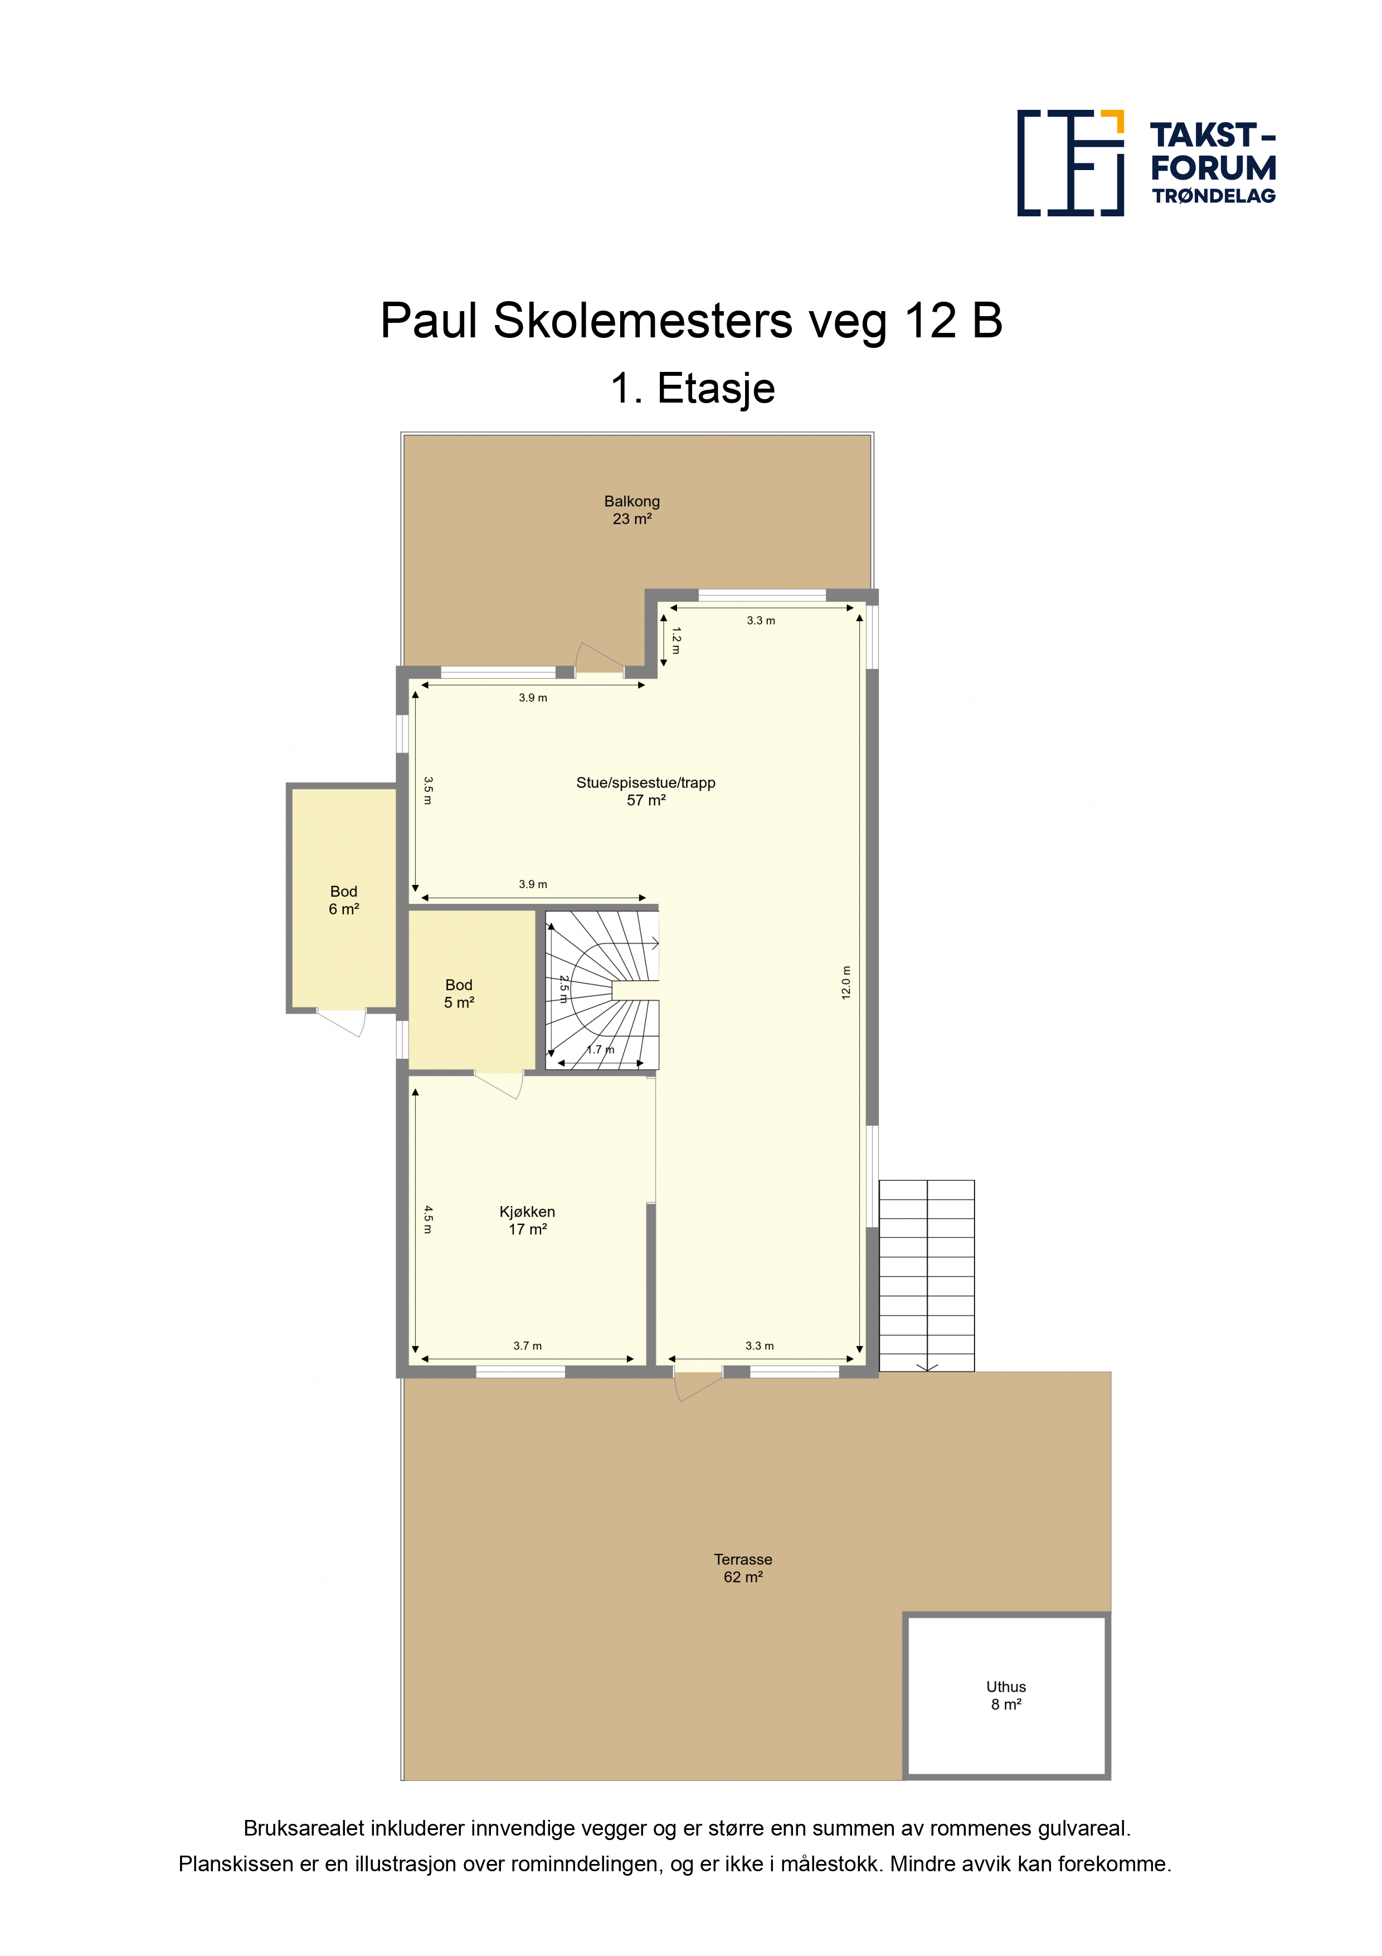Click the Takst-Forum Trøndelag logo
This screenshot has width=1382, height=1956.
tap(1146, 163)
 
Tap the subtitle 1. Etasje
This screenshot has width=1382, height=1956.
tap(692, 389)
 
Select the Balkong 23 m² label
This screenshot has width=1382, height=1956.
tap(632, 510)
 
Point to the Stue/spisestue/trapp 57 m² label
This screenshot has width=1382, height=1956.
tap(645, 791)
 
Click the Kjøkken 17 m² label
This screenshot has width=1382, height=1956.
tap(527, 1220)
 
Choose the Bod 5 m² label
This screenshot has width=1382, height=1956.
tap(459, 994)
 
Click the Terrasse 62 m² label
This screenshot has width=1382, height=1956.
tap(743, 1568)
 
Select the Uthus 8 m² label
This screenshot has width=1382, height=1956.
tap(1006, 1695)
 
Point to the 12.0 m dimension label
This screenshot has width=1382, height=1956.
tap(845, 982)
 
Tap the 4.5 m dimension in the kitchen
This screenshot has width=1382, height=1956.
tap(429, 1219)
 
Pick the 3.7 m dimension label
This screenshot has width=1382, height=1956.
tap(527, 1346)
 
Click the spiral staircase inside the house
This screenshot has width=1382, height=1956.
tap(602, 990)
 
